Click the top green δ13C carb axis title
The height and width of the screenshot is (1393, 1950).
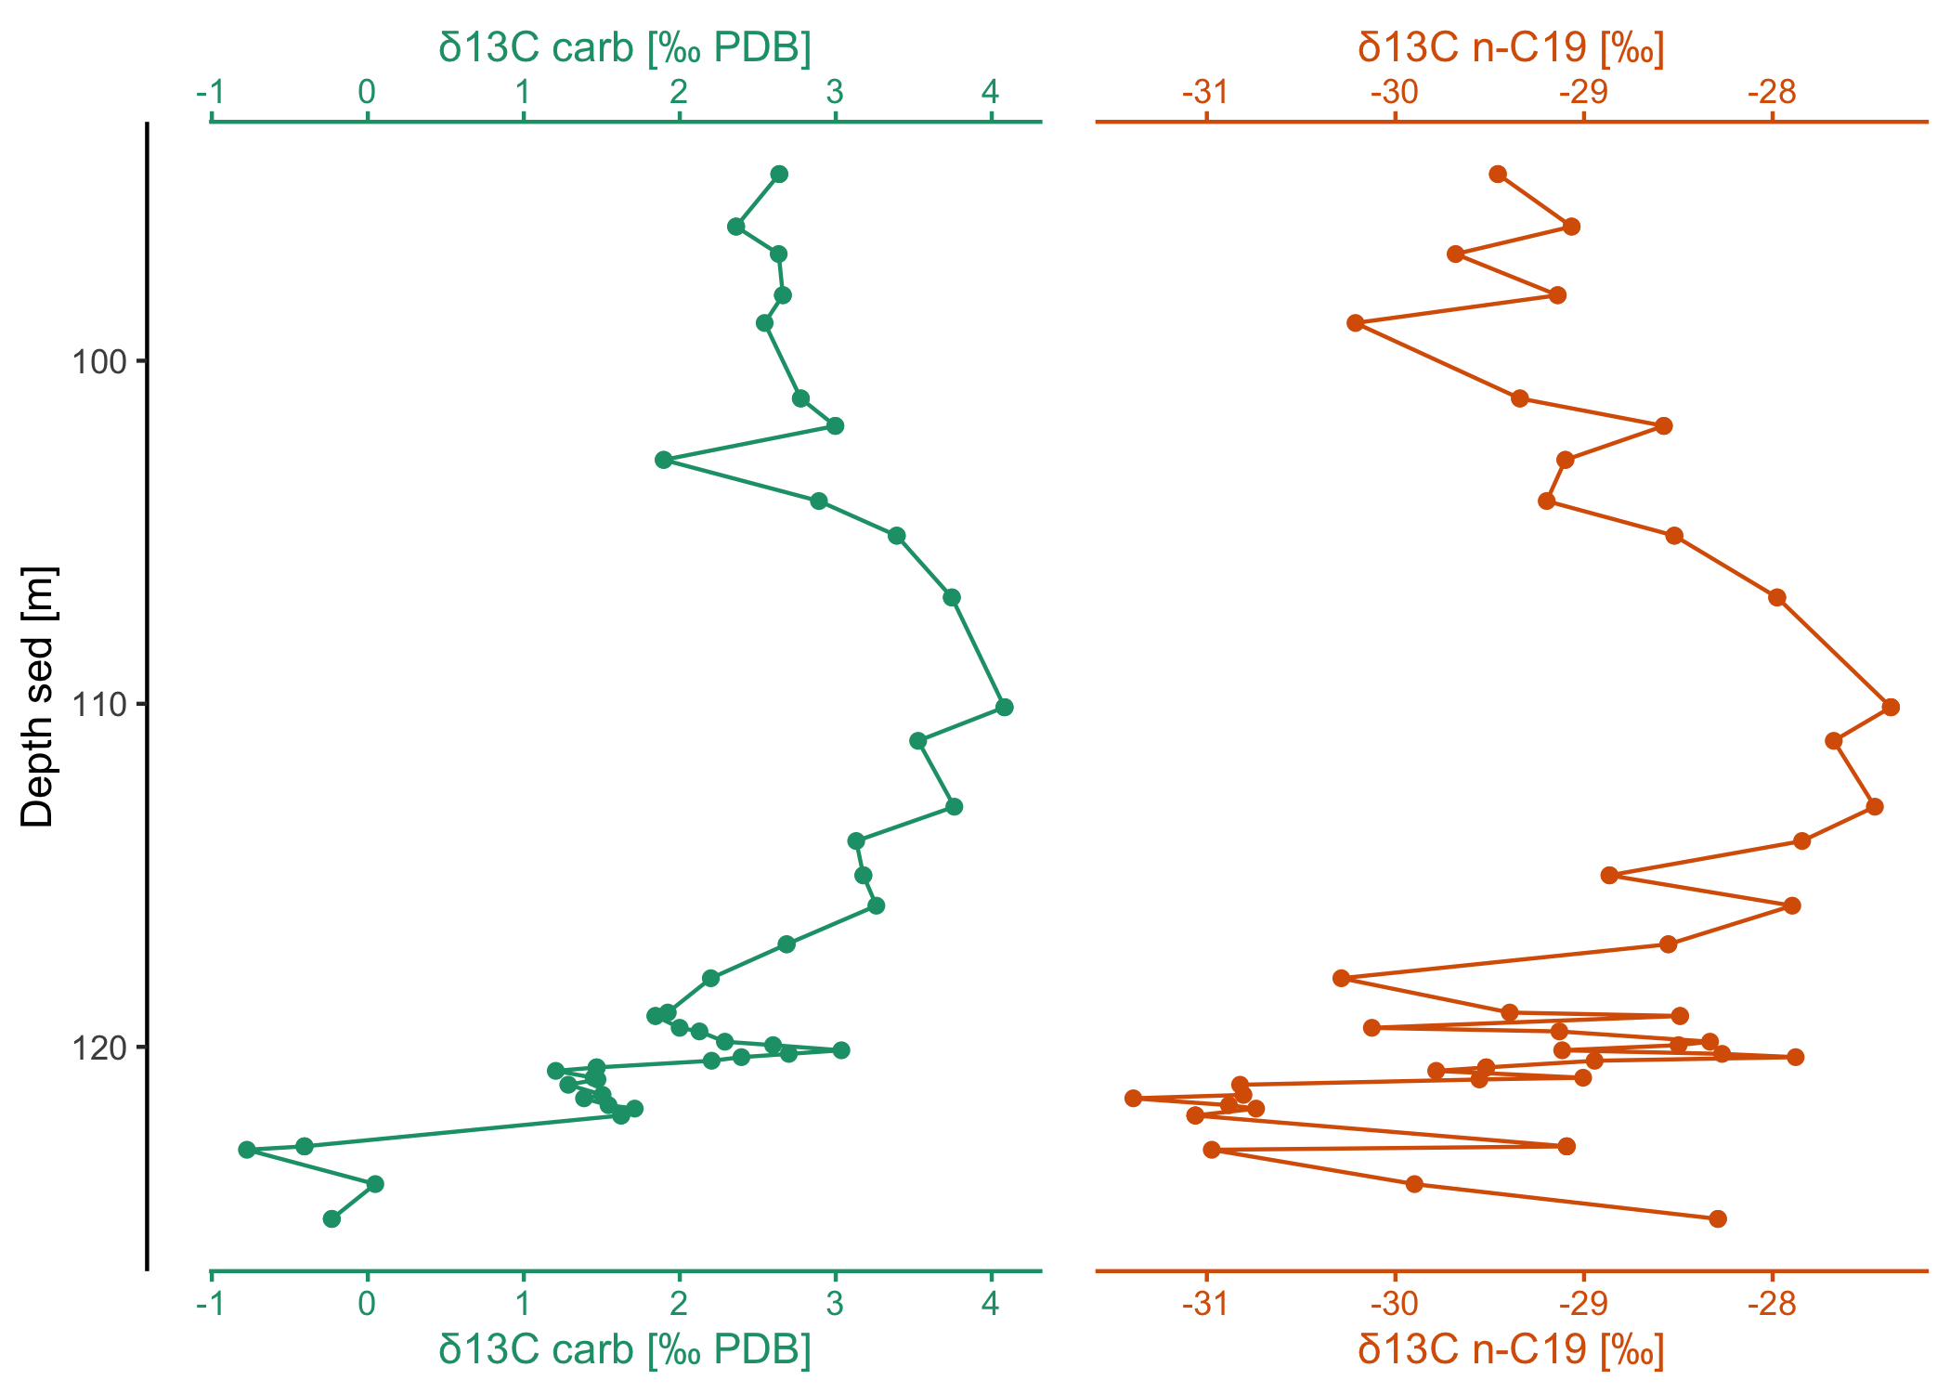click(625, 47)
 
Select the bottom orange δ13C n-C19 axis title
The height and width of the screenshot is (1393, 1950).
click(1511, 1348)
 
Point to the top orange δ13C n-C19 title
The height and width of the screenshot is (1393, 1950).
click(1511, 47)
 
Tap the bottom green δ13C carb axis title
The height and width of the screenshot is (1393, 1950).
click(625, 1348)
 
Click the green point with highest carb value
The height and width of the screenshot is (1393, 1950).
click(1004, 708)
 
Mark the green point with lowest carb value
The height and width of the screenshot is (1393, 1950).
click(247, 1150)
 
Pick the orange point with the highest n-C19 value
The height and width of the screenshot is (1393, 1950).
click(1891, 708)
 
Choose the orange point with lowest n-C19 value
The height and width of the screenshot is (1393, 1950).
click(1133, 1099)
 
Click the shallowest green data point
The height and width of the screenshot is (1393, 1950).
click(779, 175)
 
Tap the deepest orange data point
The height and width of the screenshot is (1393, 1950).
click(1718, 1218)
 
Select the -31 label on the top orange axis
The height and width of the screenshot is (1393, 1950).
click(1205, 92)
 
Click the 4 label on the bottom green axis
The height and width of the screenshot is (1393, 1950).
click(991, 1304)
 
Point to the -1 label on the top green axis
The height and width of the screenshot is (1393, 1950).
click(211, 92)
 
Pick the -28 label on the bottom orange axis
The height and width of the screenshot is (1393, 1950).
click(1772, 1304)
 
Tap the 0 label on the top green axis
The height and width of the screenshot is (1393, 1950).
click(368, 92)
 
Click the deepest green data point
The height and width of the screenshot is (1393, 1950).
click(331, 1218)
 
